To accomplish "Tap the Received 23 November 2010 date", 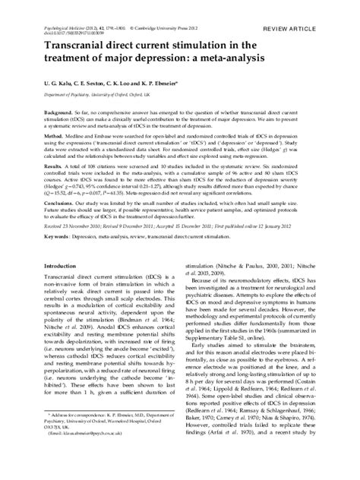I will click(x=80, y=227).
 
